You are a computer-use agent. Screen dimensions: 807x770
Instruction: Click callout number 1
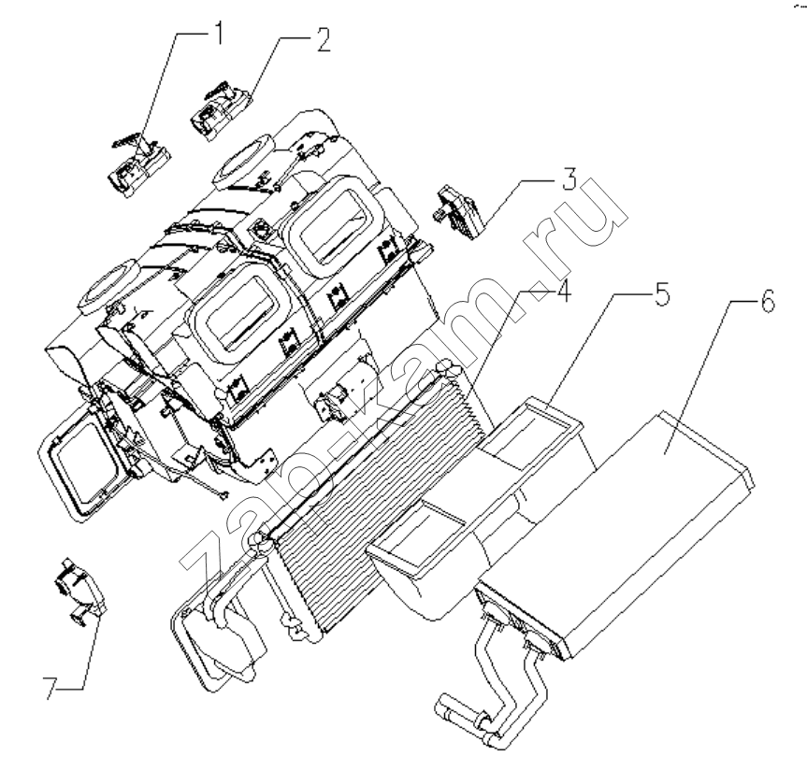coord(218,33)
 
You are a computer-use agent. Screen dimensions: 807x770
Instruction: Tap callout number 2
coord(324,39)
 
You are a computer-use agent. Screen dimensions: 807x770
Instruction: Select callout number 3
coord(569,178)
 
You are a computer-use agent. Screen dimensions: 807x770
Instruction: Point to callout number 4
coord(563,292)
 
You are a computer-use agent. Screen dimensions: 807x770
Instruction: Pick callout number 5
coord(661,294)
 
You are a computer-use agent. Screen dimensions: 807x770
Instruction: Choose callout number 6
coord(767,302)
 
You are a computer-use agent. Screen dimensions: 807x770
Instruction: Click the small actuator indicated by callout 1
coord(139,164)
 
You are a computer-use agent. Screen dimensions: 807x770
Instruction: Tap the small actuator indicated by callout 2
coord(221,110)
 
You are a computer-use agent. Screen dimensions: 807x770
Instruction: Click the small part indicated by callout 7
coord(80,591)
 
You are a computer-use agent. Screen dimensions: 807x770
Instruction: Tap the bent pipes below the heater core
coord(494,690)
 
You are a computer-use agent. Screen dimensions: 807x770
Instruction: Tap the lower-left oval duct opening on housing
coord(108,287)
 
